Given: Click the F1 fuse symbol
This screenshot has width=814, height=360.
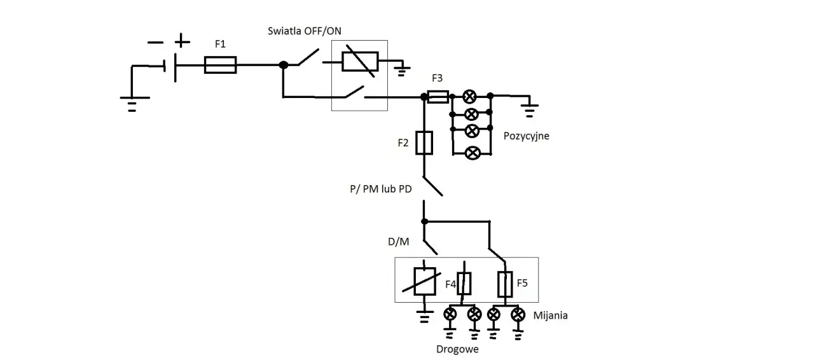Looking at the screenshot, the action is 220,65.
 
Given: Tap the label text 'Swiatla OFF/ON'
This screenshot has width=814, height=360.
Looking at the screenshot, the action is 305,31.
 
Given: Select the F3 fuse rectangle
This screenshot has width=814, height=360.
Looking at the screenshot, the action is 438,97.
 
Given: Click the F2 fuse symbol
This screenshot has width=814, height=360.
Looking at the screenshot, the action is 424,143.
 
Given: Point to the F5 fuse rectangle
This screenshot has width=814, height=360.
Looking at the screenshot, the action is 505,284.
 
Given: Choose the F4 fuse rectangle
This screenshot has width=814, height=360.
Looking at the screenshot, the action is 464,283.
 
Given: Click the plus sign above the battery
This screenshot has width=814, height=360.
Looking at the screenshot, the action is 182,41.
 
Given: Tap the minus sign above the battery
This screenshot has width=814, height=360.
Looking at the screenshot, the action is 156,43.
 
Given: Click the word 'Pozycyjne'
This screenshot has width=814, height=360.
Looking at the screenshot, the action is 526,136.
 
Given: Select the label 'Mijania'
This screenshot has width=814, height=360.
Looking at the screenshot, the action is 550,315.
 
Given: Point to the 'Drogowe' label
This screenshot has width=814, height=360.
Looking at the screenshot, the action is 457,349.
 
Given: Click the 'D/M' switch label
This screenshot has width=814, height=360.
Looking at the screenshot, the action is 398,242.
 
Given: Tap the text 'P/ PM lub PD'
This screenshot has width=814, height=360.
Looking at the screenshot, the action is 381,189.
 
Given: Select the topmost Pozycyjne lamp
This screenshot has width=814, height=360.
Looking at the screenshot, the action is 469,97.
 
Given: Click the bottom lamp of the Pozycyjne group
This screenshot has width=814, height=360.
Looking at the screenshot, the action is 473,153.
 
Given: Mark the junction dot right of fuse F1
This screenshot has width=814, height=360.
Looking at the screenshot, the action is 284,65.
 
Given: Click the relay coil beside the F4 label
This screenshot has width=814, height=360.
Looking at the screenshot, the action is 424,282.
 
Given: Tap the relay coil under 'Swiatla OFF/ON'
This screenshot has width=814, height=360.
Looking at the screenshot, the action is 360,62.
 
